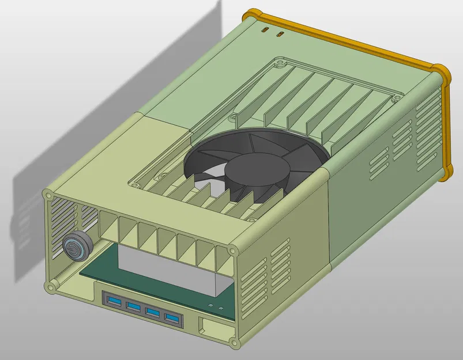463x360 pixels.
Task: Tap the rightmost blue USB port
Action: pyautogui.click(x=172, y=319)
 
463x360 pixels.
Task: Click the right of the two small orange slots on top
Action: pyautogui.click(x=280, y=35)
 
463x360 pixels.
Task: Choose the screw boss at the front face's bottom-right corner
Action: pyautogui.click(x=235, y=344)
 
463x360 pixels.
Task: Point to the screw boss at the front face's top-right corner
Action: pyautogui.click(x=232, y=251)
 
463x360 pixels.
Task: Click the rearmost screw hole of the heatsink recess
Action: pyautogui.click(x=280, y=60)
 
